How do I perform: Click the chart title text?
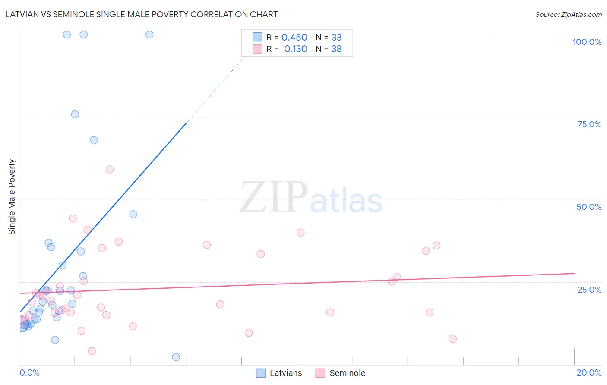(x=142, y=14)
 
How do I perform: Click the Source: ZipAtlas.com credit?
(x=568, y=14)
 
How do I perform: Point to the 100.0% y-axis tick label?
(x=587, y=42)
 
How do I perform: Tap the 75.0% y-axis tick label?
(x=589, y=124)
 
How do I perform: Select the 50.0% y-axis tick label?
(x=589, y=207)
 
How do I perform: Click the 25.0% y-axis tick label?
(x=589, y=290)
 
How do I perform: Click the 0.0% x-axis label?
(x=29, y=372)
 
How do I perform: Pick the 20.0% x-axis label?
(x=589, y=372)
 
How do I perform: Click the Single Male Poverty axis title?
(x=12, y=197)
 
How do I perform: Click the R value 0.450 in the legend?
(x=294, y=38)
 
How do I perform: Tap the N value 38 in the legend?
(x=336, y=49)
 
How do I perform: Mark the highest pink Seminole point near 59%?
(x=110, y=170)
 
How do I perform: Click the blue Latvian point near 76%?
(x=75, y=114)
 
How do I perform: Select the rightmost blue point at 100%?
(x=149, y=35)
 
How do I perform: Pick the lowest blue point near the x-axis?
(x=176, y=357)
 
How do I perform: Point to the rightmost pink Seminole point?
(x=452, y=339)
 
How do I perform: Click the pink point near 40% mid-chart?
(x=300, y=233)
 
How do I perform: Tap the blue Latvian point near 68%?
(x=94, y=140)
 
